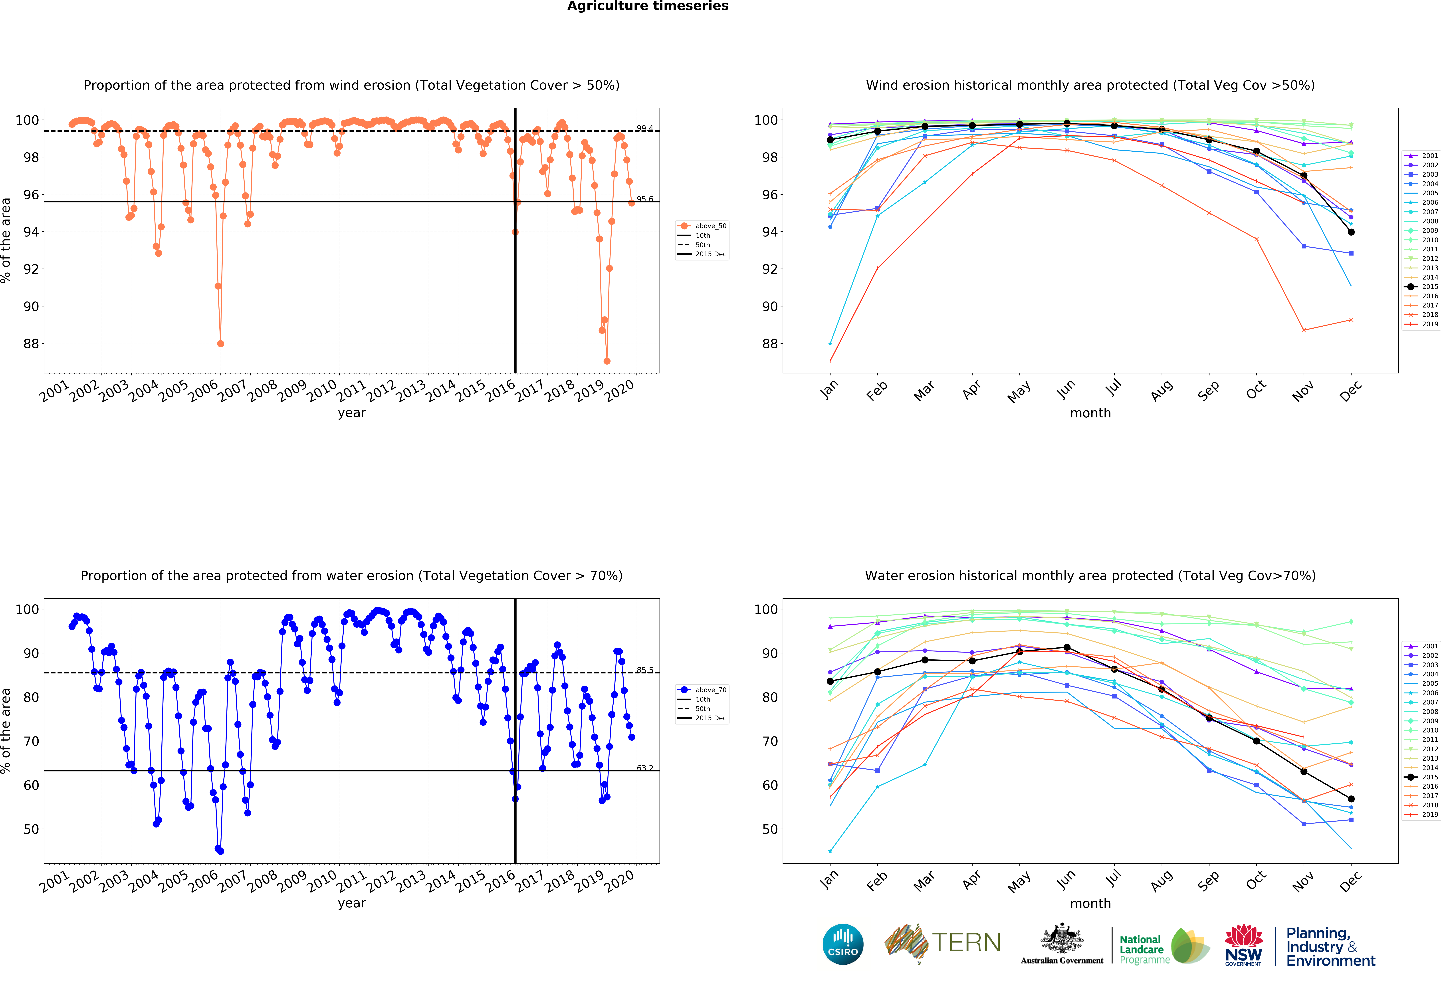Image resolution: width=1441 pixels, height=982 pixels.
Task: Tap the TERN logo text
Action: coord(966,943)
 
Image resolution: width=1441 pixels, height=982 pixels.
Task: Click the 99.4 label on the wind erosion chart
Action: coord(644,128)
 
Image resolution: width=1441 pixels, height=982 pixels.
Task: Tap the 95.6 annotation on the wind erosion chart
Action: coord(644,199)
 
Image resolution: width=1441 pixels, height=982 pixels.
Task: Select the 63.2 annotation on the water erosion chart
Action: coord(644,768)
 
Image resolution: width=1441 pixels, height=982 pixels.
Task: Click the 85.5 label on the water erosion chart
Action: coord(644,670)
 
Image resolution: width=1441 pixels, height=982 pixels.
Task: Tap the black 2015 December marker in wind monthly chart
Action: coord(1351,232)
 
